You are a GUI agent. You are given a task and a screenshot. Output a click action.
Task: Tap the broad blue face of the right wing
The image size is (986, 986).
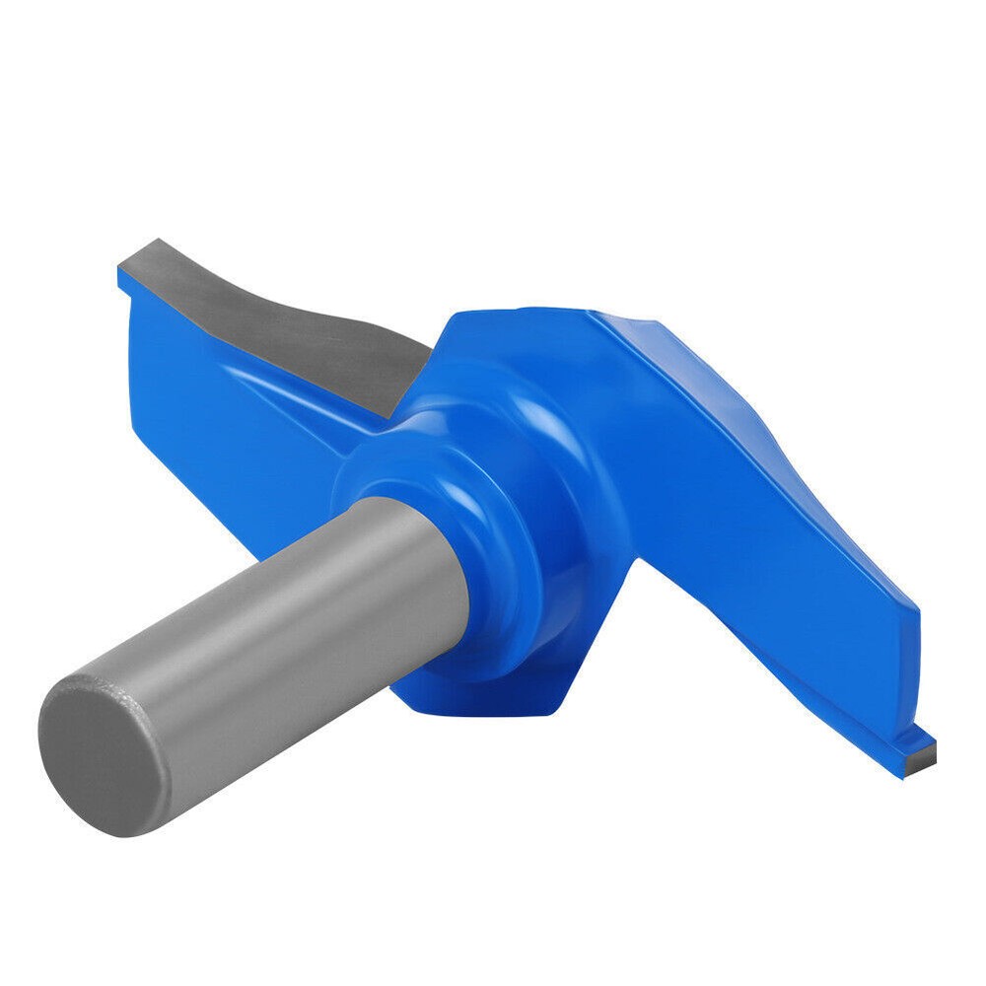click(x=769, y=513)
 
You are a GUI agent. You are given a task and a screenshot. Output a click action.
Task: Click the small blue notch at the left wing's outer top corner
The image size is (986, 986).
click(x=122, y=280)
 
